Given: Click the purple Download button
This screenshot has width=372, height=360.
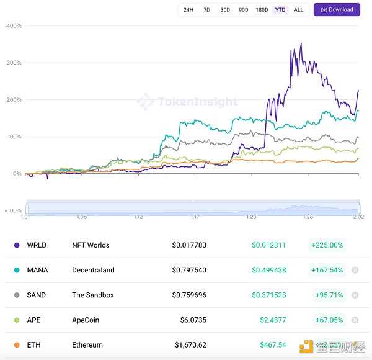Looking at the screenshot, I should [337, 10].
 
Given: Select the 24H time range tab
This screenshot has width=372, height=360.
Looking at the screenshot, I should [188, 10].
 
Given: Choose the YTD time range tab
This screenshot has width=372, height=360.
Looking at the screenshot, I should [280, 10].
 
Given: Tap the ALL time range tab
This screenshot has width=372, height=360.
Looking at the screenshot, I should [298, 10].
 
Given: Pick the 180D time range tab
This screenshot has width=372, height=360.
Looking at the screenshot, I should [262, 10].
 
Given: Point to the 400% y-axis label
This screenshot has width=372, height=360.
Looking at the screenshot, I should [14, 26].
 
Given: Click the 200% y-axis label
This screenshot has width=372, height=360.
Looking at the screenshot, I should [14, 100].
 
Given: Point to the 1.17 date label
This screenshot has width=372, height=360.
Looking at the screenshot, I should [195, 217].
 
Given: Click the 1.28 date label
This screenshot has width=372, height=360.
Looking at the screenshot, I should [308, 217].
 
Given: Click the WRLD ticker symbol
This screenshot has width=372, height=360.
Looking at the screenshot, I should [37, 245].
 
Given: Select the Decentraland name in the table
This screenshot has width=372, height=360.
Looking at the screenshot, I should [93, 270].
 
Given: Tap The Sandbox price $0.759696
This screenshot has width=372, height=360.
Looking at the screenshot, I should [189, 295].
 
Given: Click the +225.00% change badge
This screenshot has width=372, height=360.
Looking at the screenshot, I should [327, 245].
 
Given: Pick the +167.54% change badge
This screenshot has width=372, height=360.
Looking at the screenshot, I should [327, 270].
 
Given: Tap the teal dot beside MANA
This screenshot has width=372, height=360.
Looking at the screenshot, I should [16, 270].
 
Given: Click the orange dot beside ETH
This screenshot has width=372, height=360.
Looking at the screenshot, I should [16, 345].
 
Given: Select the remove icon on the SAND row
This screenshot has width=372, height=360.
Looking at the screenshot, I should [355, 295].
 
